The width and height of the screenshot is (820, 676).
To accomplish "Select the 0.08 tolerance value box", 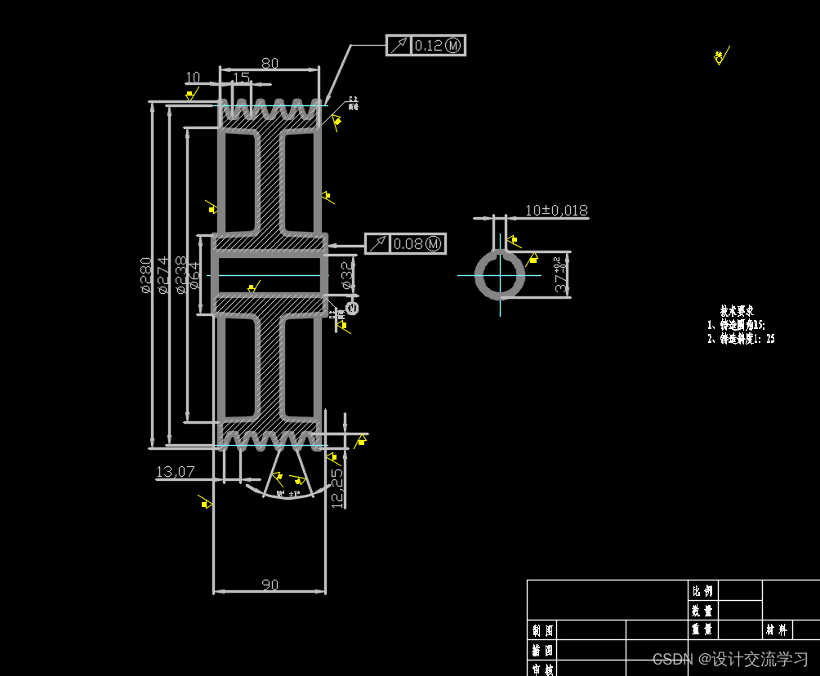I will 417,243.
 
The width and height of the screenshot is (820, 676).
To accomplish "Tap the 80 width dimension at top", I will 269,63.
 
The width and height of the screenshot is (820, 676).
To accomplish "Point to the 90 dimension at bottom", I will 270,585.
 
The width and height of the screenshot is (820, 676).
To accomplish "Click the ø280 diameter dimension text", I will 145,275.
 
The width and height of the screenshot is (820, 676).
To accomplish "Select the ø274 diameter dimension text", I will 163,275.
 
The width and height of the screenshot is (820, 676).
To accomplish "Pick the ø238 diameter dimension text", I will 180,275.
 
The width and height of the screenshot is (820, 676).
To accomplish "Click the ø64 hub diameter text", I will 195,276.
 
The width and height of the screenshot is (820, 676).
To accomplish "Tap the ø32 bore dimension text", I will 346,275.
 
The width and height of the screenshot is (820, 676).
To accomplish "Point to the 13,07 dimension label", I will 176,471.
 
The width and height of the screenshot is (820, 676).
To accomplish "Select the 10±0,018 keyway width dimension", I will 556,211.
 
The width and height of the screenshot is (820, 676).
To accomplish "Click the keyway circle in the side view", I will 500,274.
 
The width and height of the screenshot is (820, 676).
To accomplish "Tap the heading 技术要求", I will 737,311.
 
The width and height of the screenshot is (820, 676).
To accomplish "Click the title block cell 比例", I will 702,590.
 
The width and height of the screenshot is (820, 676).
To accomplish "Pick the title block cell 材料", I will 777,630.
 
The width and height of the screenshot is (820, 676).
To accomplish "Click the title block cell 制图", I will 542,630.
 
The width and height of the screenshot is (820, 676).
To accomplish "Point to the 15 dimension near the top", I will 242,78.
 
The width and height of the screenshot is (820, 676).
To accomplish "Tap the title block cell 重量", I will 702,630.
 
